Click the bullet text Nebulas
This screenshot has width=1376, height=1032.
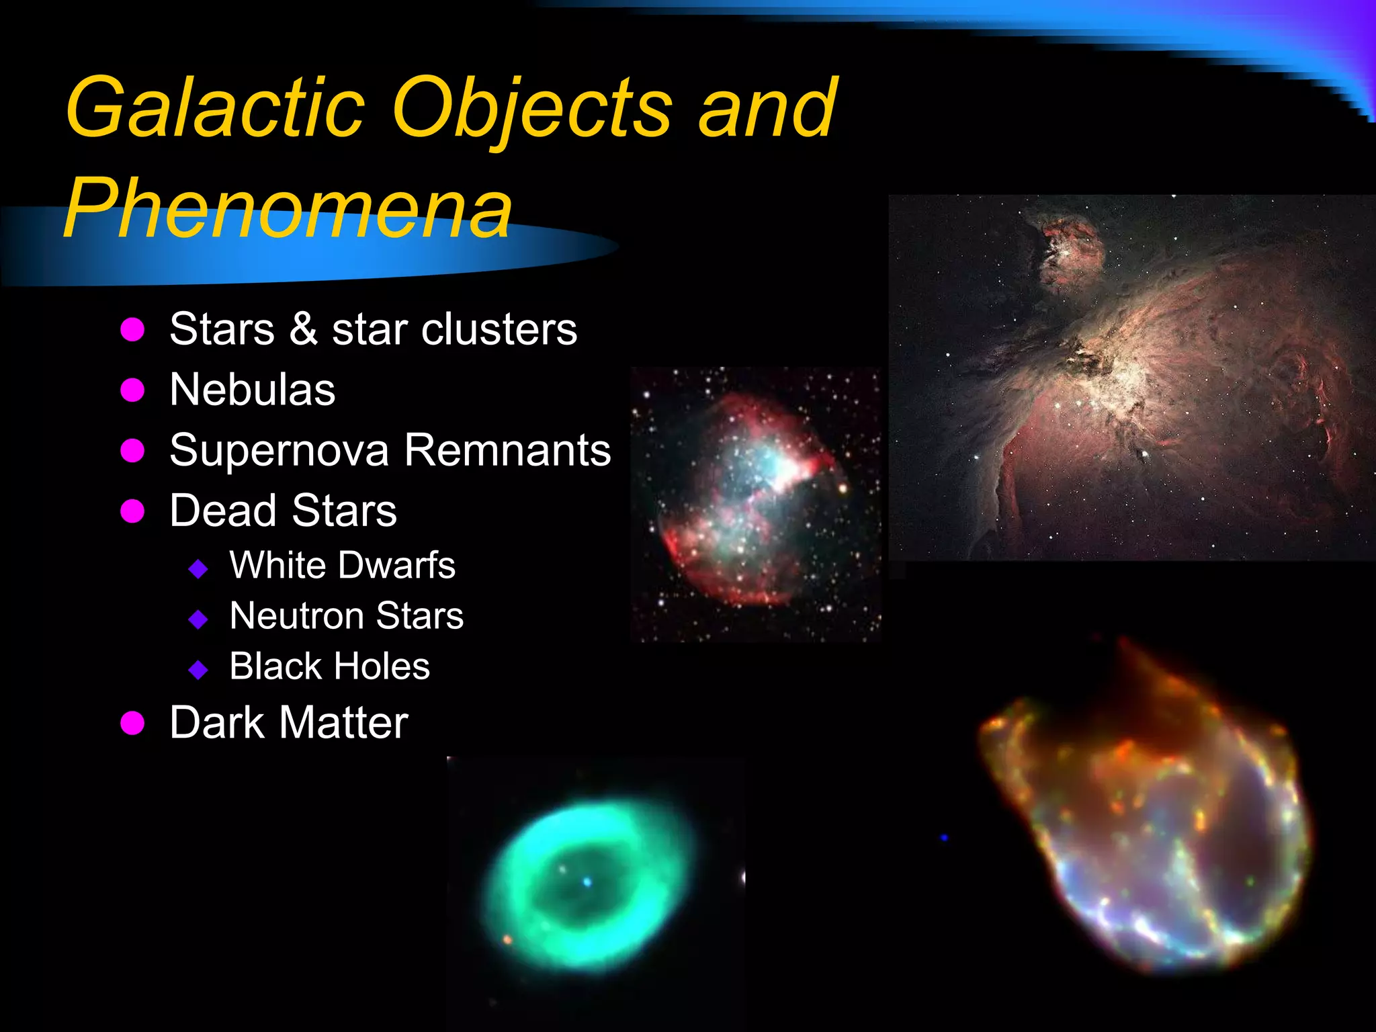coord(252,390)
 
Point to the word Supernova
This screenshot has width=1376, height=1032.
coord(279,450)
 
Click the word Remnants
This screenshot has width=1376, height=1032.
coord(508,450)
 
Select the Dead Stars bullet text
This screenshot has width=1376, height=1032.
coord(283,511)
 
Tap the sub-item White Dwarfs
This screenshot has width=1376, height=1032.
coord(342,565)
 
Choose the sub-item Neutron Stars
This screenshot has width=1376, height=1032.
coord(346,615)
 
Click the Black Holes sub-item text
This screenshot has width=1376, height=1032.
coord(329,666)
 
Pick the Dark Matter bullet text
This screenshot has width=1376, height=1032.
coord(289,723)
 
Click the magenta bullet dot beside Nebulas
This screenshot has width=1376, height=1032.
coord(133,390)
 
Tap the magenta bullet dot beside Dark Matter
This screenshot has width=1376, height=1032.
coord(133,724)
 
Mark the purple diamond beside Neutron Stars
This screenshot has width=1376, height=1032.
coord(198,619)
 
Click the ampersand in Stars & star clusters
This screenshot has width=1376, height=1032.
coord(304,329)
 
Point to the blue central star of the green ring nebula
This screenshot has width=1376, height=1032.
coord(587,881)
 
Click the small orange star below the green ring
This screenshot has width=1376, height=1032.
coord(507,939)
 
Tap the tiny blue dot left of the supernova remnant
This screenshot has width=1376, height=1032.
coord(944,838)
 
